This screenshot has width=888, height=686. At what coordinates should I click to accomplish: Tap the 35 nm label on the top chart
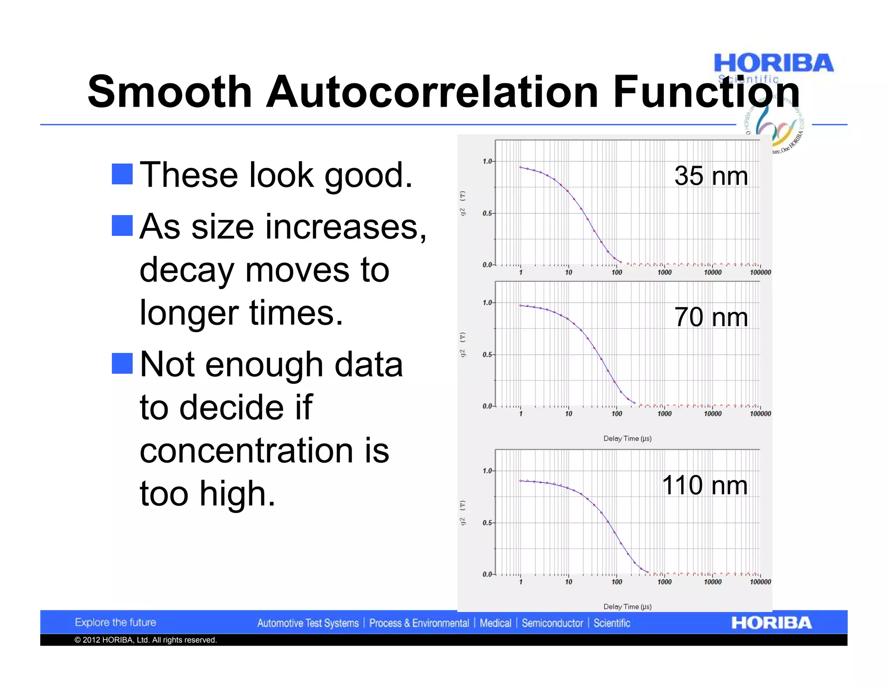[711, 176]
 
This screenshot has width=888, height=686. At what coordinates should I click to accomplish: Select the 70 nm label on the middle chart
[711, 317]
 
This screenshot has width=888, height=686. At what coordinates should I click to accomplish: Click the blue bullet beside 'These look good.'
[122, 174]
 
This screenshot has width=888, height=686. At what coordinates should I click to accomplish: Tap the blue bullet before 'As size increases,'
[122, 225]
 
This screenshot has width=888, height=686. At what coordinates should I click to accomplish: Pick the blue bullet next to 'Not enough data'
[122, 363]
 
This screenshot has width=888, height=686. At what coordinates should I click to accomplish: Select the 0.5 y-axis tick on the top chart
[487, 213]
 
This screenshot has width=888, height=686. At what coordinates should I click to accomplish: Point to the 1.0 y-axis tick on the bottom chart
[487, 471]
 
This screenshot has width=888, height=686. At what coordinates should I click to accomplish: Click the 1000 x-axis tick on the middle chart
[664, 414]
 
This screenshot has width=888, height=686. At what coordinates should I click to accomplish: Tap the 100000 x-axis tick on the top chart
[760, 273]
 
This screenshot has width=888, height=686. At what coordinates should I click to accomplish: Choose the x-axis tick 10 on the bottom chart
[568, 582]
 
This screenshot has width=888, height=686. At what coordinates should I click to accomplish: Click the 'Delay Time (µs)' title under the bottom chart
[627, 607]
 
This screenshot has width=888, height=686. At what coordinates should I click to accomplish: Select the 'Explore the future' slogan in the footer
[115, 623]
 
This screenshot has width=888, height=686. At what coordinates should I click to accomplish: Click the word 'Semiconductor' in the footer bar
[552, 623]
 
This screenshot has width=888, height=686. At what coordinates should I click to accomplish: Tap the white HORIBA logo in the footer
[771, 623]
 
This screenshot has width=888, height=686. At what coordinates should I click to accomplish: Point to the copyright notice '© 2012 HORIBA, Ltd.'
[145, 640]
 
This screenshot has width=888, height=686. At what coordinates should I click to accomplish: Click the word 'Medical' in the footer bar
[495, 623]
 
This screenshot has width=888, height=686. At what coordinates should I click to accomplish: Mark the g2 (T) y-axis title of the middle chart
[463, 345]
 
